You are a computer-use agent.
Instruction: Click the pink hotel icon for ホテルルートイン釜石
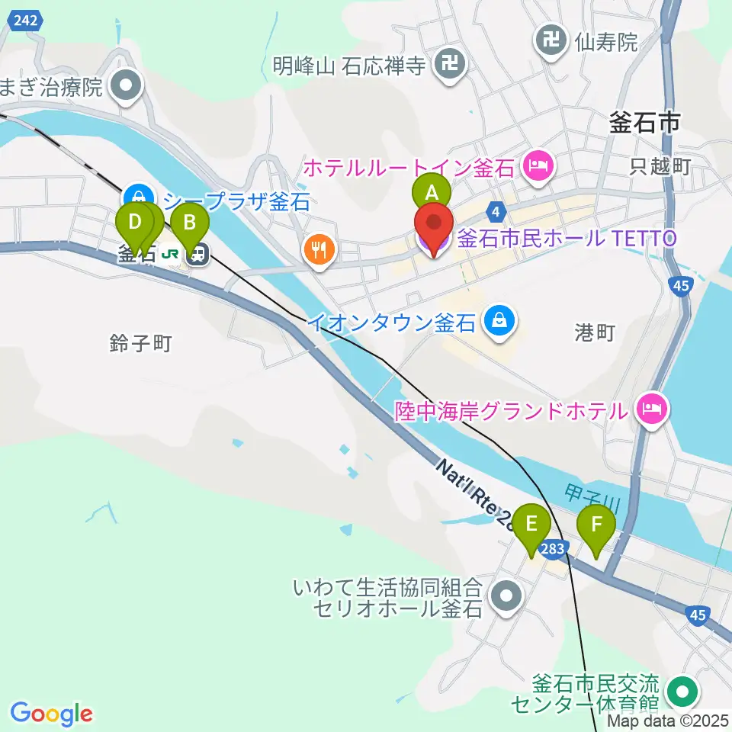pos(538,165)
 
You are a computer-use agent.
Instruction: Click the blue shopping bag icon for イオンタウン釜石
pos(499,321)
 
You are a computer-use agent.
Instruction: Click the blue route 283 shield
pos(554,548)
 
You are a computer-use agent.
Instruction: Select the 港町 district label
pos(594,332)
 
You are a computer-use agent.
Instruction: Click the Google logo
pos(52,714)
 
